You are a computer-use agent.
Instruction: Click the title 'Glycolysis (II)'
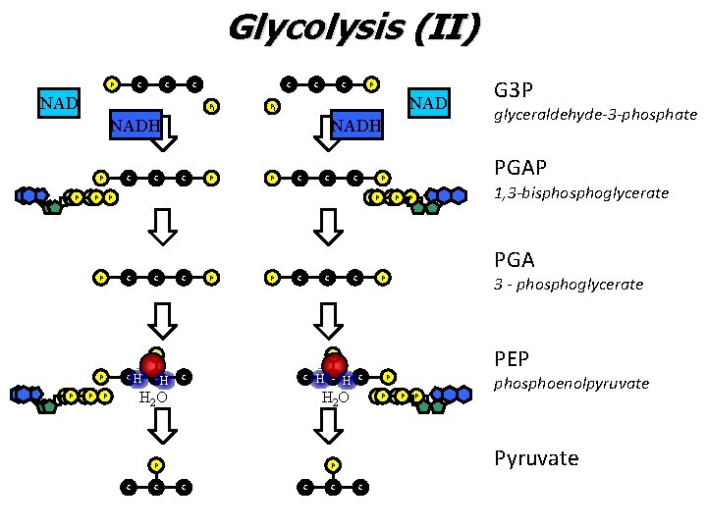point(353,26)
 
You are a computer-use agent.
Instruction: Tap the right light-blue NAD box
point(428,102)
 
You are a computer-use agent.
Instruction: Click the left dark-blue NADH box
point(135,125)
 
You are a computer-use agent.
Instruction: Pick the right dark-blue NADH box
point(356,125)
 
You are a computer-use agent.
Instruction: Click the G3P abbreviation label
point(514,90)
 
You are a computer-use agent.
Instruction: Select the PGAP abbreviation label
point(520,168)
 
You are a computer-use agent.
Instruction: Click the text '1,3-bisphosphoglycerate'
point(581,193)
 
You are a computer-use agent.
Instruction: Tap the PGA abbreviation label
point(515,260)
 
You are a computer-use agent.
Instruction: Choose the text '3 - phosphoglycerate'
point(569,284)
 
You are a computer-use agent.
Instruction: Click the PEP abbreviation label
point(513,360)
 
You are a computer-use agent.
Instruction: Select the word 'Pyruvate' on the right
point(536,458)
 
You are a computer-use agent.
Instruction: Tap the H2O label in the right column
point(336,397)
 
